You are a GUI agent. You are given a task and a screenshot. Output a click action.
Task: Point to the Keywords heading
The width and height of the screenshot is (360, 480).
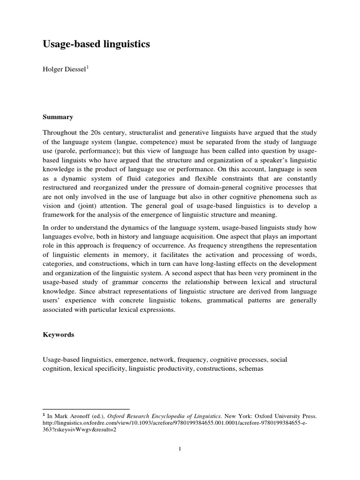59,335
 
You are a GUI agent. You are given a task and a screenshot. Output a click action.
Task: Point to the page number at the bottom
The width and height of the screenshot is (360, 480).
180,449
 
